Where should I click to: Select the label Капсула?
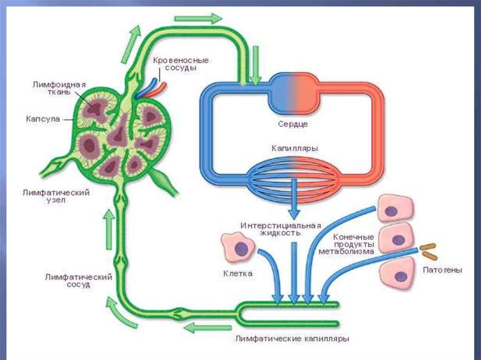tap(43, 119)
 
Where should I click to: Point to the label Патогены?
tap(442, 270)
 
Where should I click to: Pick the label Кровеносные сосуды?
tap(180, 64)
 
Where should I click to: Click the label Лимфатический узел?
tap(56, 196)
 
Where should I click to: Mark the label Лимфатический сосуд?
tap(78, 281)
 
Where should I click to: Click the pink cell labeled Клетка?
tap(238, 247)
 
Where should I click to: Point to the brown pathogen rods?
tap(428, 251)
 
